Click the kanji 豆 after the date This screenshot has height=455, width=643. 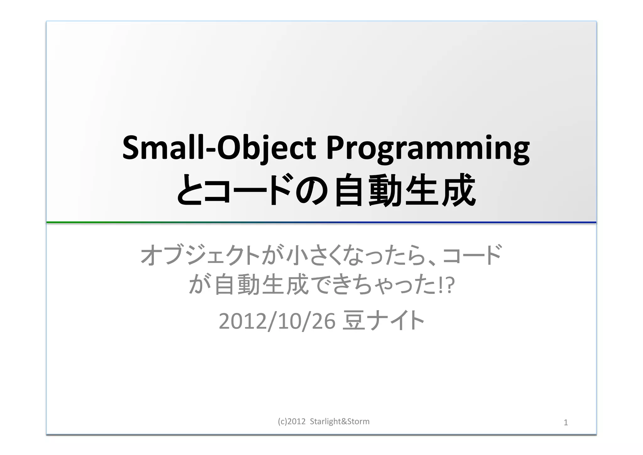[x=354, y=321]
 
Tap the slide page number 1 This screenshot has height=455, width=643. [x=566, y=423]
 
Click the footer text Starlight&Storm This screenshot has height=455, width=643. [x=339, y=421]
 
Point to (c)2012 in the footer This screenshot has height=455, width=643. [x=291, y=421]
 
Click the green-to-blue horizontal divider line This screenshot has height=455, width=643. [x=321, y=222]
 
